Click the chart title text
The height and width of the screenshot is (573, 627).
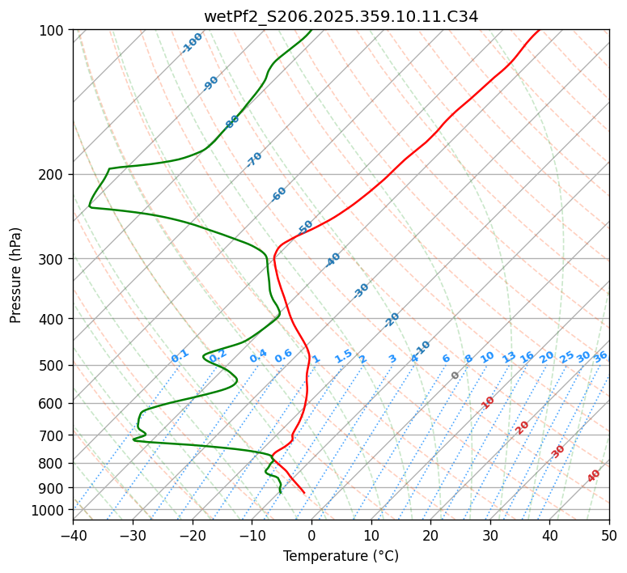[341, 16]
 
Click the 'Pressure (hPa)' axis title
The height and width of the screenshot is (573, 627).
[16, 275]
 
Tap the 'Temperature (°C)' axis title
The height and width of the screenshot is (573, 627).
[341, 557]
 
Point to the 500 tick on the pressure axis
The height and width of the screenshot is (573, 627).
[53, 365]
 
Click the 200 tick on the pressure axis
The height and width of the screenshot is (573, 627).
[53, 174]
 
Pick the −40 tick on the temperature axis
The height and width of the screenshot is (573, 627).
[73, 535]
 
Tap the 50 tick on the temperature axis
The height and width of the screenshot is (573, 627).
[609, 535]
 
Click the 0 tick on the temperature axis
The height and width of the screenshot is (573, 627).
[311, 535]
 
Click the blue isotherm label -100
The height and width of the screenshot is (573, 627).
[193, 43]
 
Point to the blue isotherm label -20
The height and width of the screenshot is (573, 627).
[392, 320]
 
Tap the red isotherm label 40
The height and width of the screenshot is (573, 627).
[594, 476]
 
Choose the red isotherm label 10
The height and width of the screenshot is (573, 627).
[488, 402]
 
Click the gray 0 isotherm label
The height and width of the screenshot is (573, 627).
[455, 376]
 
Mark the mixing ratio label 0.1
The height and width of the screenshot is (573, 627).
[180, 356]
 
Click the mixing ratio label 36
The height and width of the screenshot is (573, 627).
[600, 356]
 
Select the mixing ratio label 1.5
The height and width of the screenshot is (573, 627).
[343, 356]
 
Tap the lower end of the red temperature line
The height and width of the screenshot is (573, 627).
[304, 492]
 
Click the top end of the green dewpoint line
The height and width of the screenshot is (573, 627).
[311, 31]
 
